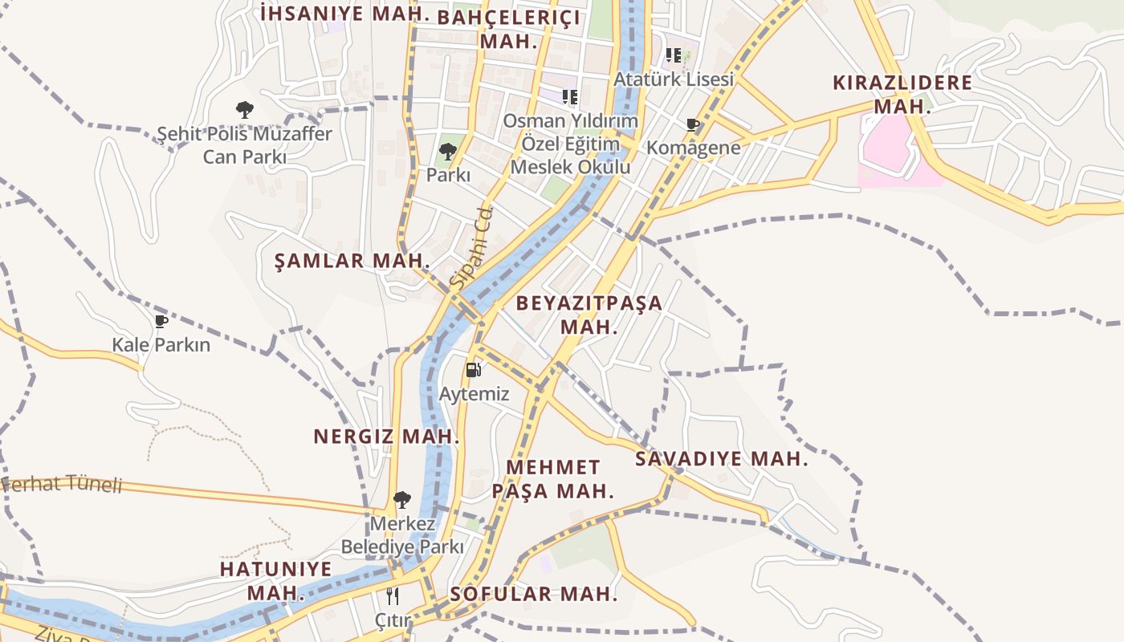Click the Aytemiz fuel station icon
click(x=474, y=370)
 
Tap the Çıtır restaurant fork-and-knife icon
click(x=393, y=595)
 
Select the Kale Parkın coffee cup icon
click(x=161, y=321)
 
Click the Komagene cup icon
click(x=693, y=124)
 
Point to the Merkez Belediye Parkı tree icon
click(x=402, y=500)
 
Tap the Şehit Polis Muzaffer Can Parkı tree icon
click(x=245, y=110)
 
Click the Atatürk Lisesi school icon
click(x=674, y=55)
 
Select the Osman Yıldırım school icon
click(x=570, y=97)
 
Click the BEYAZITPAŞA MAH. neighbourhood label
click(x=589, y=315)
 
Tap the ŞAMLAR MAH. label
click(x=352, y=261)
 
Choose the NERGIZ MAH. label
click(x=386, y=437)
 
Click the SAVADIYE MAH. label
click(x=721, y=459)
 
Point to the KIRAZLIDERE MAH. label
click(x=902, y=94)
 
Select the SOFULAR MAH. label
click(x=534, y=595)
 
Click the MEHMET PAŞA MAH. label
click(x=553, y=479)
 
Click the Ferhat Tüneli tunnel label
click(x=62, y=484)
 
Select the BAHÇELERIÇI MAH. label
click(x=509, y=30)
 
